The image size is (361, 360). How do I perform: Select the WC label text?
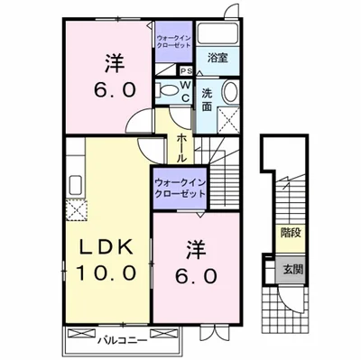pos(184,91)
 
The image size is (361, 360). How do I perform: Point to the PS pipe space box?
pos(185,71)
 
